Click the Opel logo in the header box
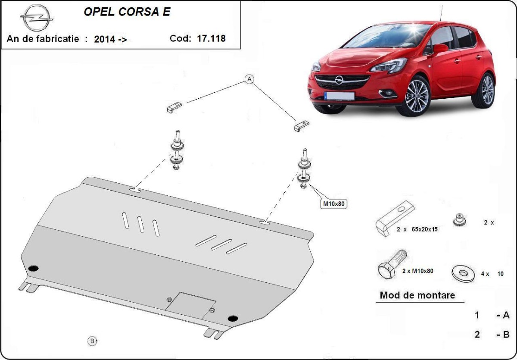tap(37, 18)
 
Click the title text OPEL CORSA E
tap(127, 12)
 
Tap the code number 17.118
tap(211, 38)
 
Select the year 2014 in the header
tap(104, 39)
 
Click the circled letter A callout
tap(249, 79)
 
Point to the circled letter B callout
tap(92, 341)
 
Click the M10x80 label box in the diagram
tap(334, 203)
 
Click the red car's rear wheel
tap(484, 91)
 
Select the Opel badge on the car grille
tap(339, 80)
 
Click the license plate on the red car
tap(339, 96)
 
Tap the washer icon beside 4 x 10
tap(463, 273)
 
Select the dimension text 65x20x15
tap(424, 229)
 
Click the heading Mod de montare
tap(417, 295)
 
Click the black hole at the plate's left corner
tap(34, 268)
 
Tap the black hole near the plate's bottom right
tap(233, 319)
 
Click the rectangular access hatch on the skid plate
tap(190, 306)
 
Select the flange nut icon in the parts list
tap(459, 220)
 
